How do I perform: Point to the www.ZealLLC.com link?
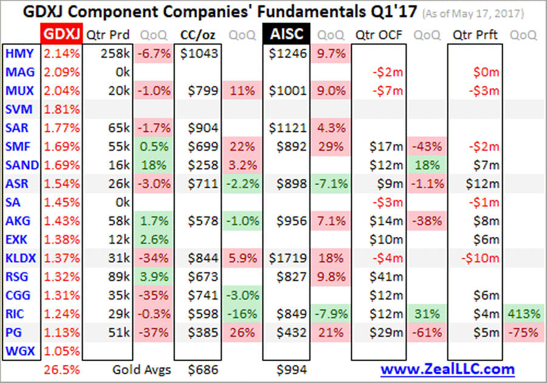click(447, 369)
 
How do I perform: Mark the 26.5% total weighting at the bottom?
click(62, 369)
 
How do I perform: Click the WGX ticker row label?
click(19, 351)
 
